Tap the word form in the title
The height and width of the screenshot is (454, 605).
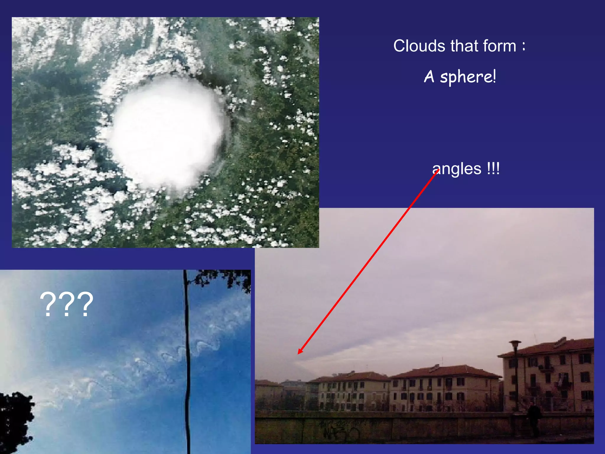coord(500,46)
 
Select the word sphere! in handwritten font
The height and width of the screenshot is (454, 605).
coord(468,77)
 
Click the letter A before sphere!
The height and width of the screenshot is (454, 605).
coord(429,77)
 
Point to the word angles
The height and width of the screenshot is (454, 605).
coord(457,169)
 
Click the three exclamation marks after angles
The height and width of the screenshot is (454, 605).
coord(493,169)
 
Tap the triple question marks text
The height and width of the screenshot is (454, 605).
coord(66,304)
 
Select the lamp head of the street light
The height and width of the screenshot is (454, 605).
coord(515,344)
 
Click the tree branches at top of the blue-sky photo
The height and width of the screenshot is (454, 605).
coord(222,278)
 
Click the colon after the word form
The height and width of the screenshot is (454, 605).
coord(523,46)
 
